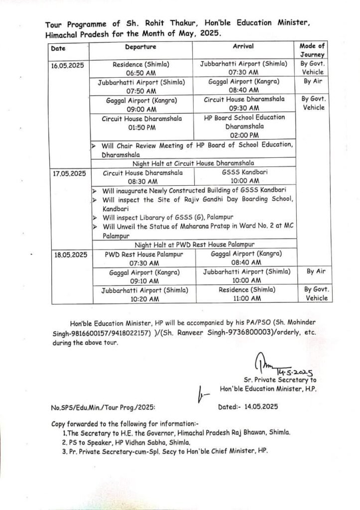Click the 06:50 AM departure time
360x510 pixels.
point(141,72)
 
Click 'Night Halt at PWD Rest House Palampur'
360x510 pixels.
point(194,245)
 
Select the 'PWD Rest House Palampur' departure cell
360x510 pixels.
point(143,254)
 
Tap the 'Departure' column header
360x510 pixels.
point(140,46)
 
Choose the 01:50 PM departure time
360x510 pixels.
point(141,127)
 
